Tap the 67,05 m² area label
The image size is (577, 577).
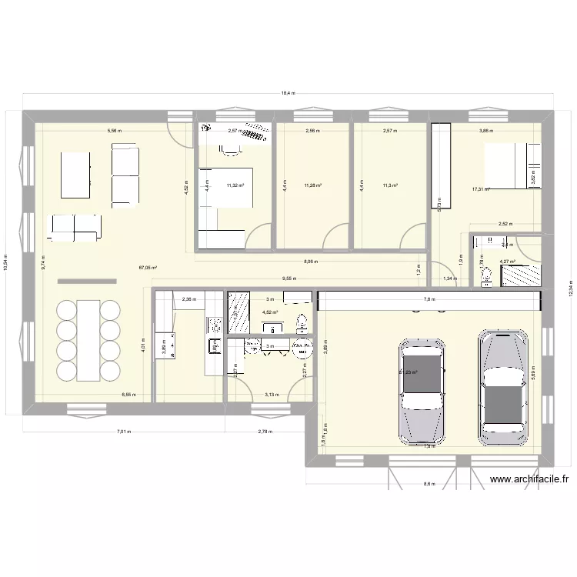click(x=148, y=268)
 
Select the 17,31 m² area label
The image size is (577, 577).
click(x=482, y=189)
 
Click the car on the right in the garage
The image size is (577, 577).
click(x=504, y=388)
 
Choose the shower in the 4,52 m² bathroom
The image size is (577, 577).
click(x=239, y=312)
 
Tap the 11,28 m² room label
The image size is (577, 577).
click(x=312, y=185)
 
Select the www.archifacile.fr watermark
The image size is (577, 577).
click(x=529, y=479)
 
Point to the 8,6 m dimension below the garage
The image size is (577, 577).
click(x=429, y=485)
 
